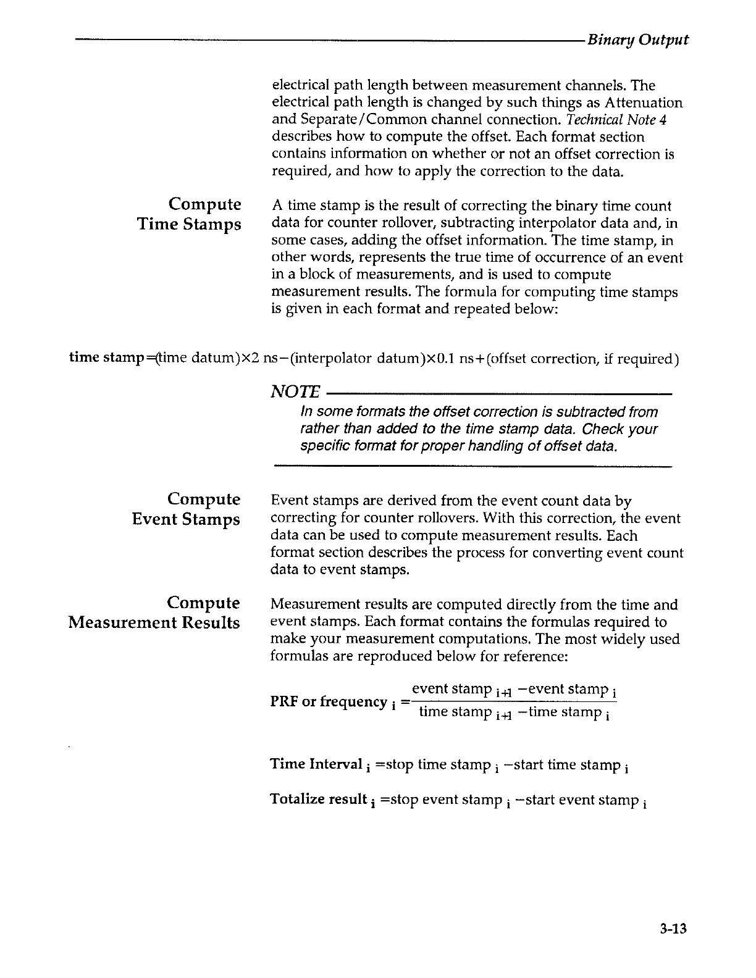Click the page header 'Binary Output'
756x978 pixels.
click(637, 40)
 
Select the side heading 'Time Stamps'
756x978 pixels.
click(189, 224)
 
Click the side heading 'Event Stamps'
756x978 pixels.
click(186, 519)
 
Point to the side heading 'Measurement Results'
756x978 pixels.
click(154, 622)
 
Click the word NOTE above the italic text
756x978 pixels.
click(295, 392)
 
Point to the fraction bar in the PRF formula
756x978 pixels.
click(513, 700)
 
